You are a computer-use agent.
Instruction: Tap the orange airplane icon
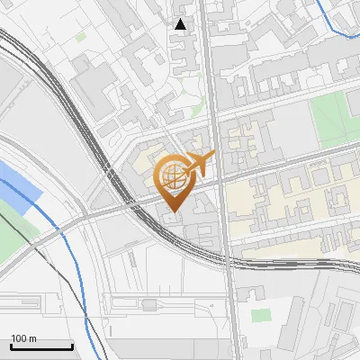click(x=200, y=164)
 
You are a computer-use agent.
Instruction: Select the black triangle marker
click(x=181, y=24)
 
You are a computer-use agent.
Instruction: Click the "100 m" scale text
click(x=24, y=337)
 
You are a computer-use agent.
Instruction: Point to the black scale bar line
click(x=41, y=346)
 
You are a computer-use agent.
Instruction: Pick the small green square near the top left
click(x=81, y=38)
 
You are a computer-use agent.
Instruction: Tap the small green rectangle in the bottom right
click(x=260, y=316)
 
